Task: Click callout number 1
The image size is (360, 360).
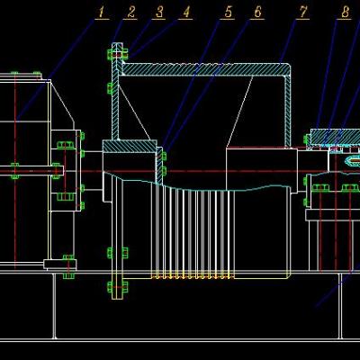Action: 102,13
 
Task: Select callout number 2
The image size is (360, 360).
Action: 131,13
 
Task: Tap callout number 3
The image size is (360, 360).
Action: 159,13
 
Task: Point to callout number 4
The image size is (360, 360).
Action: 186,13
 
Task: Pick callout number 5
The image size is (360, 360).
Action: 229,13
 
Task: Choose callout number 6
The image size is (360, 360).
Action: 257,13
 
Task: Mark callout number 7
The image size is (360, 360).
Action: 303,13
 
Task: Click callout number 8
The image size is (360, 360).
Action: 345,13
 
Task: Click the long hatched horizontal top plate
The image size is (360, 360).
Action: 204,69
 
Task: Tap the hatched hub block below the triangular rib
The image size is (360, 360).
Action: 130,146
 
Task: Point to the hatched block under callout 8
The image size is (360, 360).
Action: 335,137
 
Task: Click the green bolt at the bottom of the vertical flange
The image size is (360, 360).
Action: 117,287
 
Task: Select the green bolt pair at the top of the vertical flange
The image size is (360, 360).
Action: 118,54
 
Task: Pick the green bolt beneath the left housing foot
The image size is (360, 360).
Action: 68,275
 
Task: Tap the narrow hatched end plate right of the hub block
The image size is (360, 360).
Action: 159,166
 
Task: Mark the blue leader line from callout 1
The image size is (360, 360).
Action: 56,69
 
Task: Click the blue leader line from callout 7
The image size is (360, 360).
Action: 288,41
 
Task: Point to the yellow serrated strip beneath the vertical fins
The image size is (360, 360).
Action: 193,276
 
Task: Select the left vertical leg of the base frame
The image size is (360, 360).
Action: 54,306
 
